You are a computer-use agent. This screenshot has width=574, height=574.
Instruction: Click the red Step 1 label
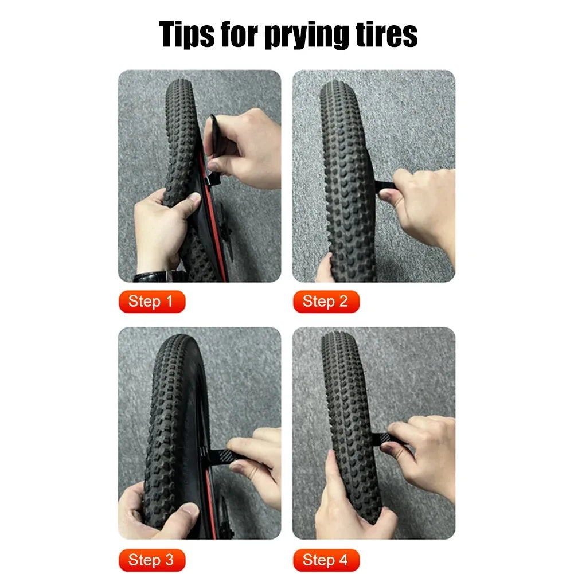[x=152, y=302]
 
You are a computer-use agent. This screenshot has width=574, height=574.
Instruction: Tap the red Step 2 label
[x=326, y=302]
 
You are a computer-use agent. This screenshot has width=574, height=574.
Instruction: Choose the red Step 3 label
[x=152, y=560]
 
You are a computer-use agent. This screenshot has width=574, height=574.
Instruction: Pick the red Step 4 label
[x=326, y=560]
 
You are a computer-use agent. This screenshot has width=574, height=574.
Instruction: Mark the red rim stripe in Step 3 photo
[x=210, y=505]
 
